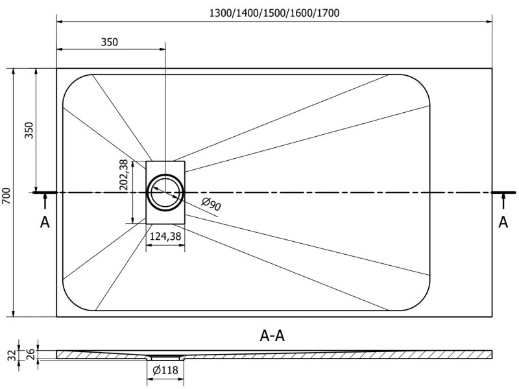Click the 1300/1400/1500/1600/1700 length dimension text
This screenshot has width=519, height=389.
[274, 13]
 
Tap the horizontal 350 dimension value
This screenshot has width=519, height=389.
[109, 42]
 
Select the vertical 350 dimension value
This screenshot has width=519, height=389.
[29, 130]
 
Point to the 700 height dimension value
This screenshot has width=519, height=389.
[6, 196]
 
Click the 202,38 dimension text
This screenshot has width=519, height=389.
[124, 174]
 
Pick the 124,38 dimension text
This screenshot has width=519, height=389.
[165, 236]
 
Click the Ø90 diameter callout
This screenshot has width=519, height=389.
[211, 204]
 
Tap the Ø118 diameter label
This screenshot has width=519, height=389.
[165, 370]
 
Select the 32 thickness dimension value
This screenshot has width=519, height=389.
[12, 355]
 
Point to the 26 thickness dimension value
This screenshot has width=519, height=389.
[30, 353]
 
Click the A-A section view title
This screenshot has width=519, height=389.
[272, 336]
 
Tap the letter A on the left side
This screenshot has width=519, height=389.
[45, 222]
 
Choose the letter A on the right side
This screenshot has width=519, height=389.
[503, 222]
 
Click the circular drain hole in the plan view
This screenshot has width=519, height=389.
[165, 193]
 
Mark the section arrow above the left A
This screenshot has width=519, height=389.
[45, 201]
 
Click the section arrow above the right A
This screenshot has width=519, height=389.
[503, 201]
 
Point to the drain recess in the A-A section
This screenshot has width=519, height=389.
[165, 358]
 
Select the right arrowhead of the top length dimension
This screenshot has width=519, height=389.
[489, 22]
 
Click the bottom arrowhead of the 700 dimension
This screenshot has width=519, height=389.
[14, 314]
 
